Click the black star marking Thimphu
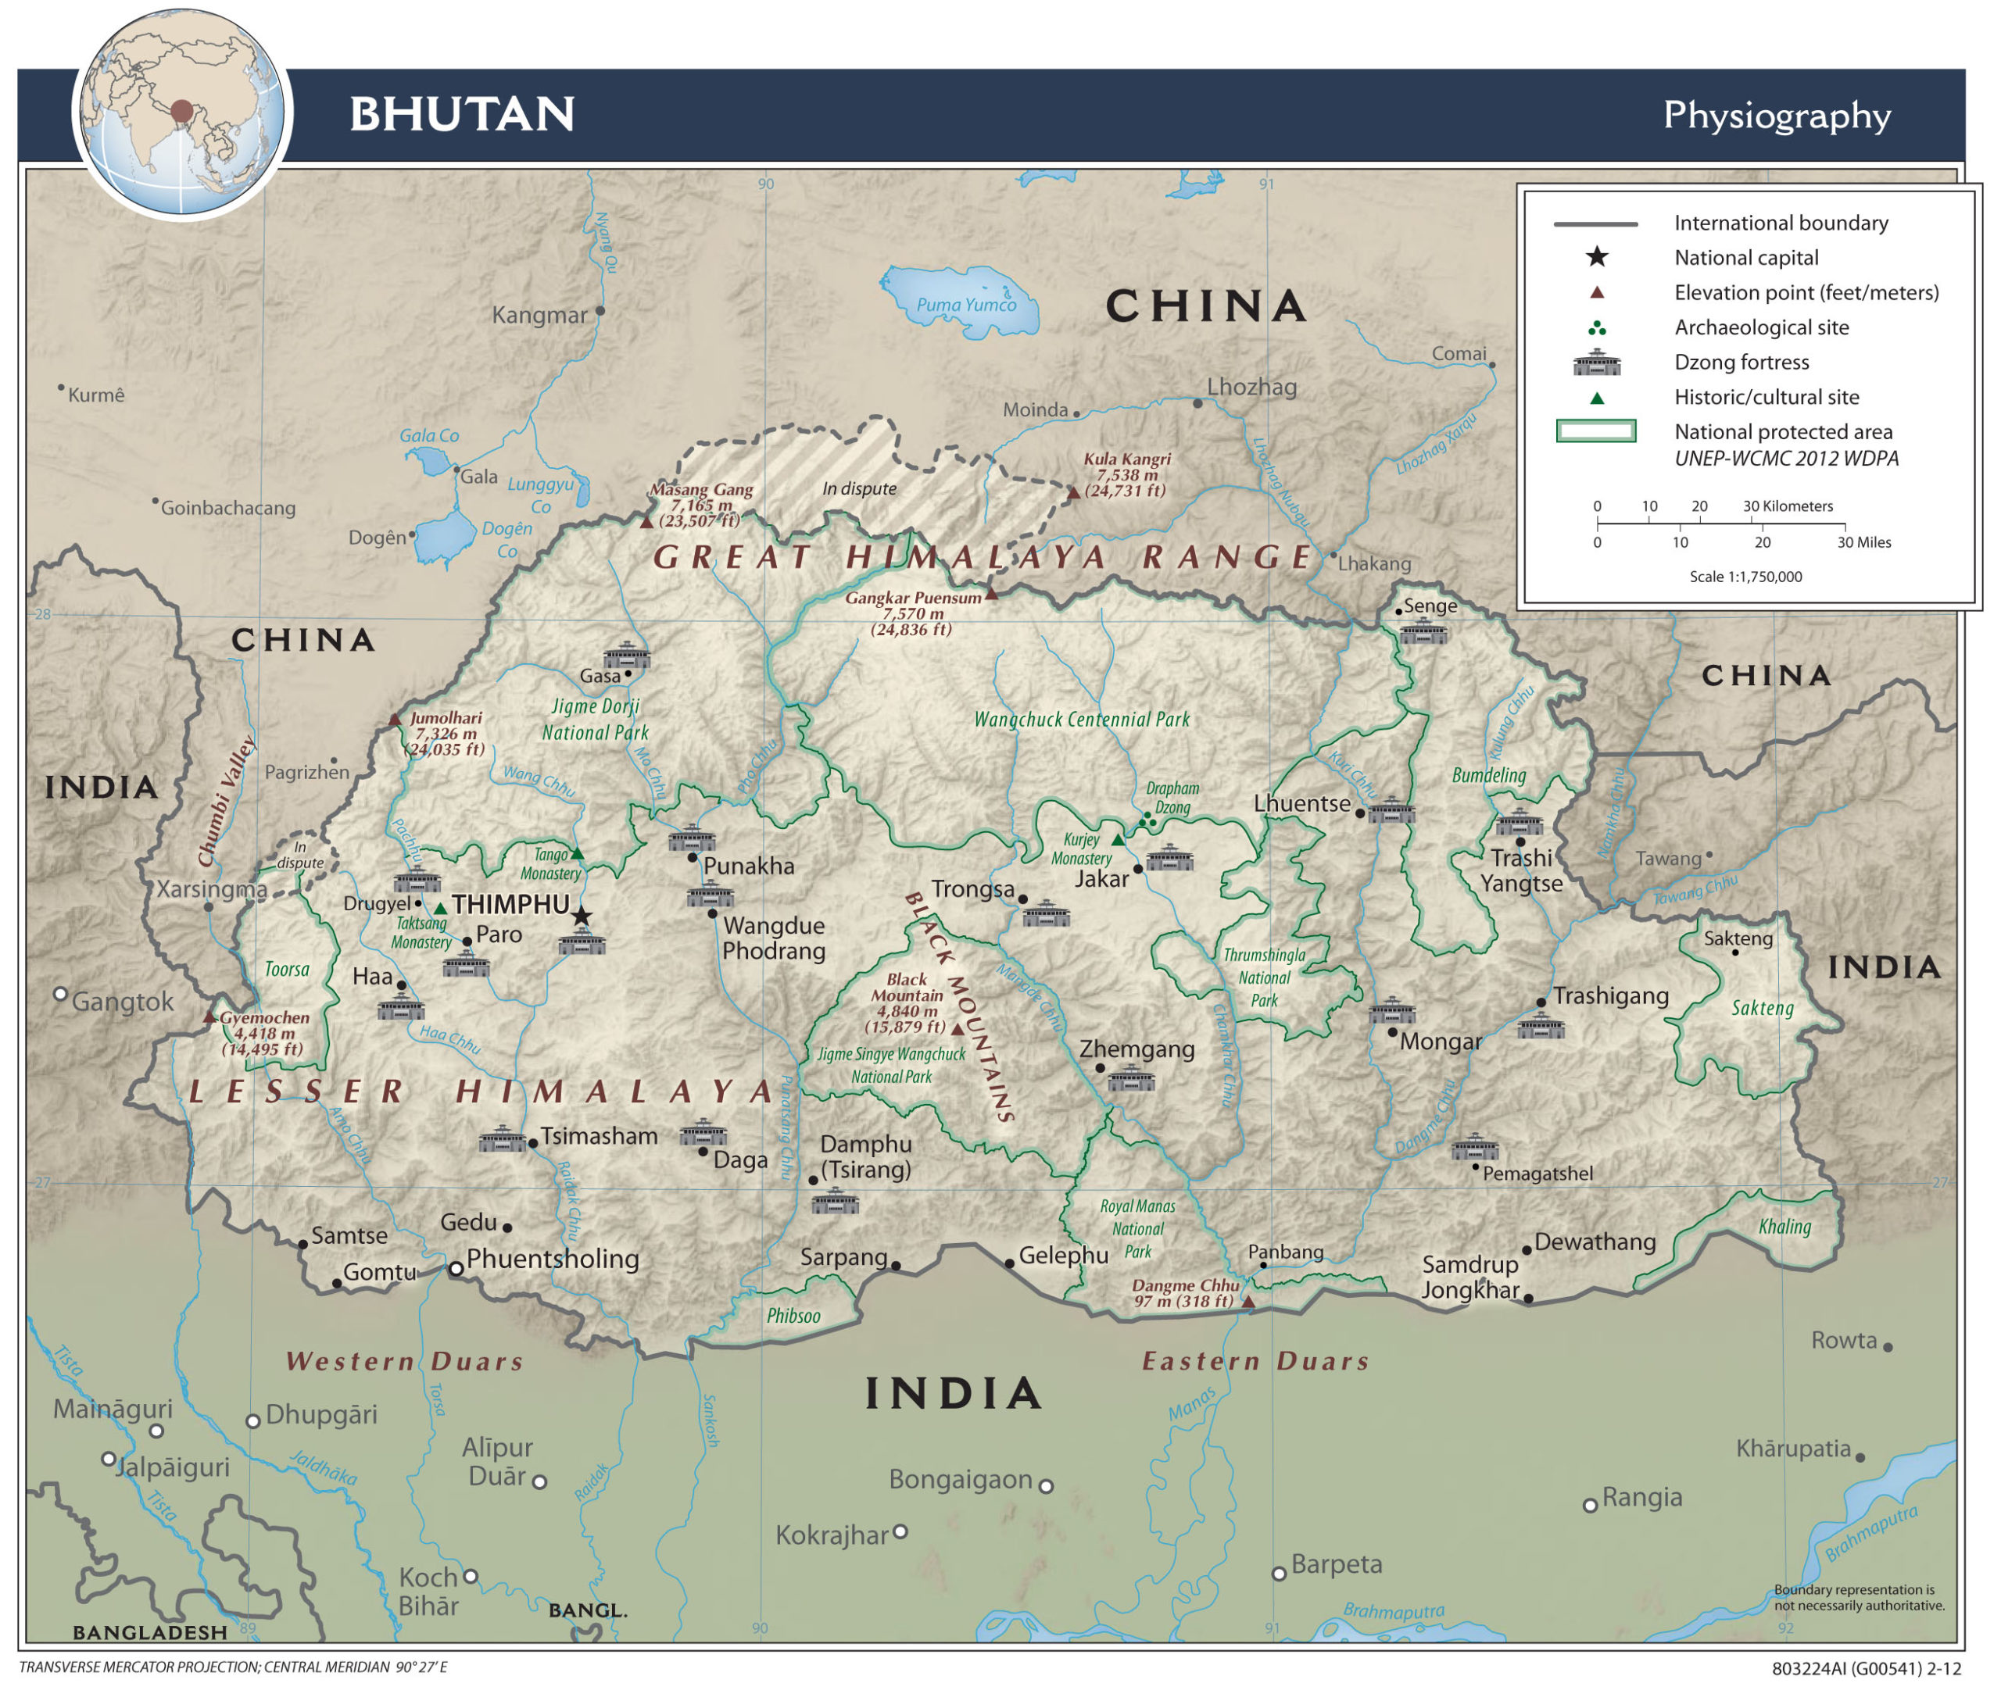click(x=581, y=917)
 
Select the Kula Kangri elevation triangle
click(x=1073, y=493)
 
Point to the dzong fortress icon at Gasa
click(x=626, y=656)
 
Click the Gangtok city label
click(x=122, y=1002)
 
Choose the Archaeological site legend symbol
click(x=1596, y=328)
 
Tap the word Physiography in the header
click(x=1776, y=116)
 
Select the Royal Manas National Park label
click(x=1137, y=1229)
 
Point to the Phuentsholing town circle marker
click(x=456, y=1269)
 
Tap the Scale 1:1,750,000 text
click(x=1745, y=577)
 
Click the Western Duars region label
click(x=405, y=1361)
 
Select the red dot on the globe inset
click(x=181, y=112)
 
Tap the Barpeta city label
click(x=1336, y=1565)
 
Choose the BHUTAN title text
click(x=462, y=115)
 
